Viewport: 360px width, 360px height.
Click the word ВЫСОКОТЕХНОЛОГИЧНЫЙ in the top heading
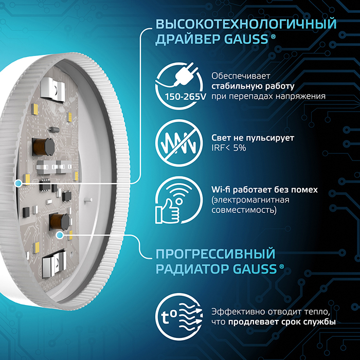[x=246, y=24]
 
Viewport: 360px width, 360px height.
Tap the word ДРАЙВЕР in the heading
[x=188, y=39]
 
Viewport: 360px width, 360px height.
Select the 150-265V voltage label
[x=186, y=97]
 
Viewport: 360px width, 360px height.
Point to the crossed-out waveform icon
[x=179, y=143]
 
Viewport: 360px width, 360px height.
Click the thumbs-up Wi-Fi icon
[x=179, y=200]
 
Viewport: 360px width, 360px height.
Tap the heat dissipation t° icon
[x=179, y=317]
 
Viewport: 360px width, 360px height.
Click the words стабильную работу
[x=253, y=86]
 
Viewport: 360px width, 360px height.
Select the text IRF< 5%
[x=229, y=148]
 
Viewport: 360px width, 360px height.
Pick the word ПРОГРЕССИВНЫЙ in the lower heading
[x=215, y=254]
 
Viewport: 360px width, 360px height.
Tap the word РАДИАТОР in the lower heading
[x=193, y=269]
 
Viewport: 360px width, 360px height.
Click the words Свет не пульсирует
[x=253, y=138]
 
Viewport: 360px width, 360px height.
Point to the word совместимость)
[x=244, y=210]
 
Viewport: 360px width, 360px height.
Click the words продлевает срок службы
[x=282, y=322]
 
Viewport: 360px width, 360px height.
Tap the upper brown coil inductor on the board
[x=43, y=147]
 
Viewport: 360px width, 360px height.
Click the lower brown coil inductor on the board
[x=60, y=222]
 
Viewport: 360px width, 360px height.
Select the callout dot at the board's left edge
[x=18, y=184]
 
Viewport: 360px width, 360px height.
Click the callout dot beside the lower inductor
[x=60, y=235]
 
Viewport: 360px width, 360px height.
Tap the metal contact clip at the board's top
[x=52, y=88]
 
